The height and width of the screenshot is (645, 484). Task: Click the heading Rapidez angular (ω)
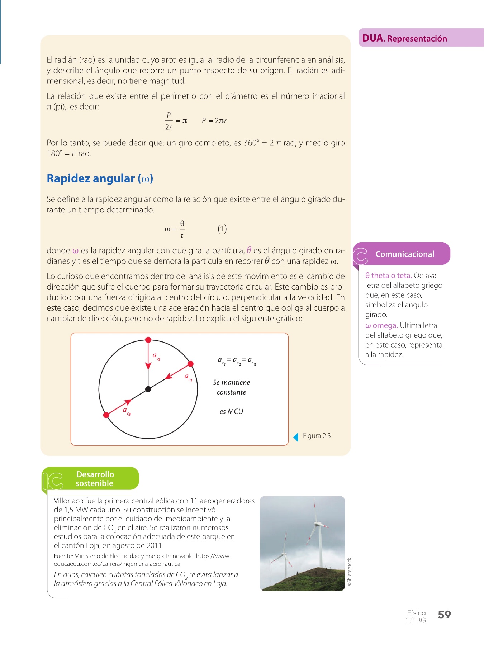click(100, 178)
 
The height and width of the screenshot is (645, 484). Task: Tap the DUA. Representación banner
click(404, 38)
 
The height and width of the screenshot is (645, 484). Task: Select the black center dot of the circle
click(148, 389)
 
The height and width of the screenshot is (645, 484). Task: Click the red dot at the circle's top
click(148, 340)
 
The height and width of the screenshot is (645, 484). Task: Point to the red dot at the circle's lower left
click(106, 415)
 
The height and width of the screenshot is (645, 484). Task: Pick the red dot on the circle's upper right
click(191, 364)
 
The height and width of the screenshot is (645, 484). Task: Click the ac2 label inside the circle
click(156, 356)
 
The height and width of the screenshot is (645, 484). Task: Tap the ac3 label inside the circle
click(127, 411)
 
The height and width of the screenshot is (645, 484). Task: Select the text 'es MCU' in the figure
click(231, 411)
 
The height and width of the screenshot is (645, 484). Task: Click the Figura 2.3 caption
click(317, 436)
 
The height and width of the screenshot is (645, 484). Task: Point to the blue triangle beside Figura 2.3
click(296, 437)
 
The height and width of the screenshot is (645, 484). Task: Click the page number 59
click(444, 615)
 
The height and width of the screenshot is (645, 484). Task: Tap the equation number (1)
click(222, 229)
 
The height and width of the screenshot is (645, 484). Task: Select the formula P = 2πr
click(214, 121)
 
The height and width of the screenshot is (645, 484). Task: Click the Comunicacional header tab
click(404, 254)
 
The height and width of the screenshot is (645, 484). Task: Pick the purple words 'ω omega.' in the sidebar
click(381, 325)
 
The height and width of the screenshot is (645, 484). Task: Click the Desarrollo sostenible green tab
click(95, 479)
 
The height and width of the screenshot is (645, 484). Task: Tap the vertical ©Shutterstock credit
click(350, 572)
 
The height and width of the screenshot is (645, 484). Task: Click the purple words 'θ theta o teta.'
click(388, 276)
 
